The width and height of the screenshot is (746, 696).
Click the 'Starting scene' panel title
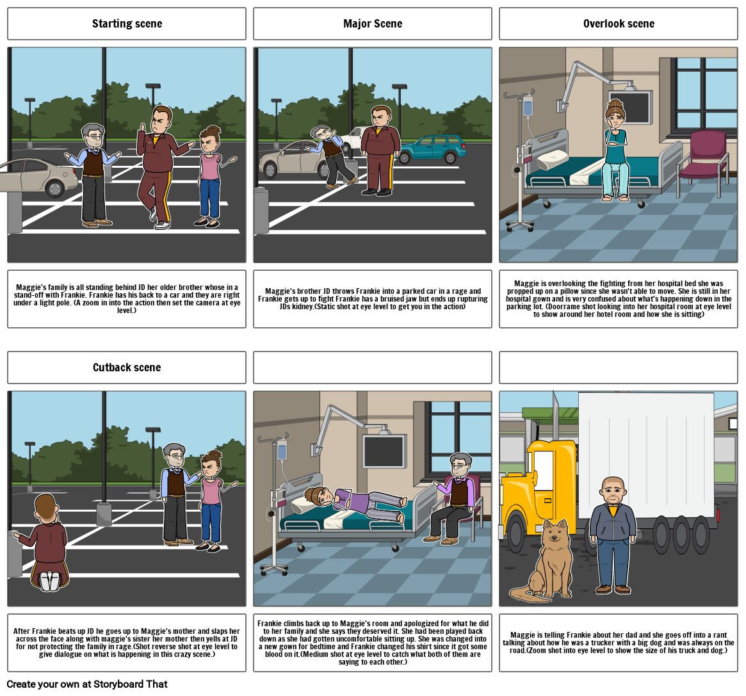click(127, 24)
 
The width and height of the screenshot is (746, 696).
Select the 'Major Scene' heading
click(373, 24)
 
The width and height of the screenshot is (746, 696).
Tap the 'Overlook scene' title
click(619, 24)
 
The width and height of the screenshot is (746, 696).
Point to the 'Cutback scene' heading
click(127, 368)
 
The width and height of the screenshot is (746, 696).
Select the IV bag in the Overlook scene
click(528, 108)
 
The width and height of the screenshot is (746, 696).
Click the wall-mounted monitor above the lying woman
click(384, 451)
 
